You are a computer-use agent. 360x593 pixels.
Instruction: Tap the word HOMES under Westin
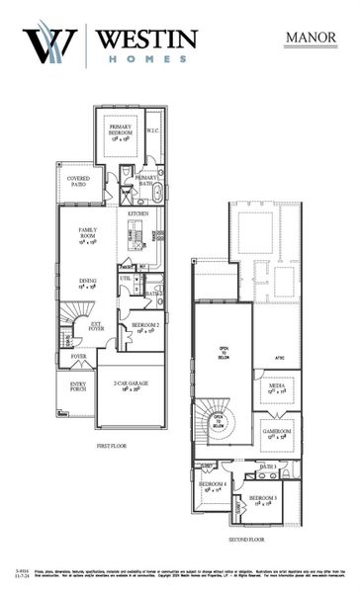point(146,58)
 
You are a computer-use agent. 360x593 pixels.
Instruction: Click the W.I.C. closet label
point(153,129)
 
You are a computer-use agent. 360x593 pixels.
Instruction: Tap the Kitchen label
point(137,212)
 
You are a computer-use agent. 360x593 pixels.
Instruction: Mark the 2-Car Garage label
point(129,385)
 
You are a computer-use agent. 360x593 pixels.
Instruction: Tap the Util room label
point(126,279)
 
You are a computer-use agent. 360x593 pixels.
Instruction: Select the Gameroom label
point(275,433)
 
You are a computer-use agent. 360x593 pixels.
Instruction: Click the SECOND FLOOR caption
point(248,541)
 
